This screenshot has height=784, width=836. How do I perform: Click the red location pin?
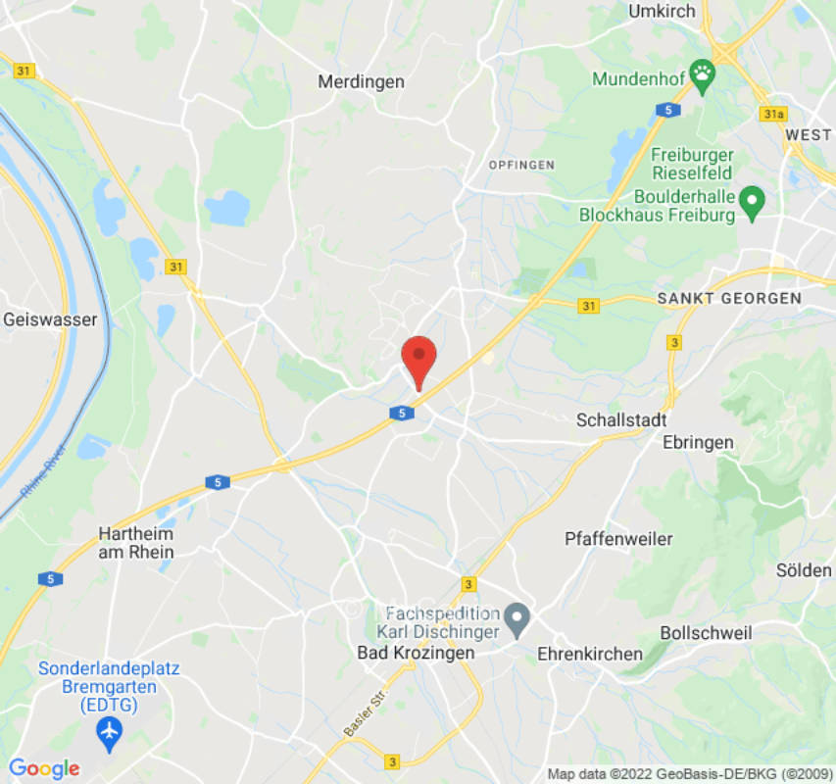(x=419, y=359)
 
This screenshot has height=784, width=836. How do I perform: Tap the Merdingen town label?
(x=361, y=82)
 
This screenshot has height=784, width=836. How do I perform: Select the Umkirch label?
(x=662, y=12)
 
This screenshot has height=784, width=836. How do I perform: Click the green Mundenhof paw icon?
(x=702, y=74)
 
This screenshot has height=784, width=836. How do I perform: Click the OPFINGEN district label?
(x=521, y=165)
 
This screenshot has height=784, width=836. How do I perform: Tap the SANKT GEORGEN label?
(x=729, y=298)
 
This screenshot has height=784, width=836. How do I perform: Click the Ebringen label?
(x=698, y=442)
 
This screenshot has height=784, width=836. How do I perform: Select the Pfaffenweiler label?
(x=618, y=539)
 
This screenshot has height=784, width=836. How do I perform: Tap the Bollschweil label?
(x=706, y=633)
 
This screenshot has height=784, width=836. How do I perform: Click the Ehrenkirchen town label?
(x=590, y=654)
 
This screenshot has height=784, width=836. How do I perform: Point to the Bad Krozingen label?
(x=416, y=653)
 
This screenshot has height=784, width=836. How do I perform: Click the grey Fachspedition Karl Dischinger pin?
(x=517, y=617)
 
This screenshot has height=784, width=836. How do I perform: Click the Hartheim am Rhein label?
(x=135, y=543)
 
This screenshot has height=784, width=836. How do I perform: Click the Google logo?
(x=43, y=768)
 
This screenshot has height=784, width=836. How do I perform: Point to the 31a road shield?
(x=772, y=115)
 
